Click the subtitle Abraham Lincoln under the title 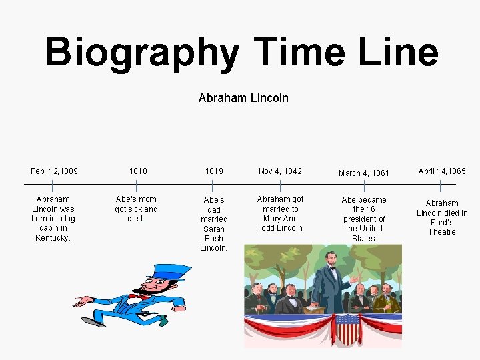pyautogui.click(x=243, y=98)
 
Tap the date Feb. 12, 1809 pyautogui.click(x=54, y=171)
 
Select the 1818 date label pyautogui.click(x=138, y=171)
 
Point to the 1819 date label pyautogui.click(x=214, y=171)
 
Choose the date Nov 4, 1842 pyautogui.click(x=280, y=171)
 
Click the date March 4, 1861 pyautogui.click(x=364, y=173)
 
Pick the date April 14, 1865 pyautogui.click(x=442, y=171)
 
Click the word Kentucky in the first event pyautogui.click(x=53, y=238)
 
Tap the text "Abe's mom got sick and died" pyautogui.click(x=136, y=209)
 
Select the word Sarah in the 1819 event pyautogui.click(x=214, y=229)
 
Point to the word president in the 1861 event pyautogui.click(x=364, y=219)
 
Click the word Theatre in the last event pyautogui.click(x=442, y=232)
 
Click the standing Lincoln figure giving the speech pyautogui.click(x=330, y=280)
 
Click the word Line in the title pyautogui.click(x=401, y=52)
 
